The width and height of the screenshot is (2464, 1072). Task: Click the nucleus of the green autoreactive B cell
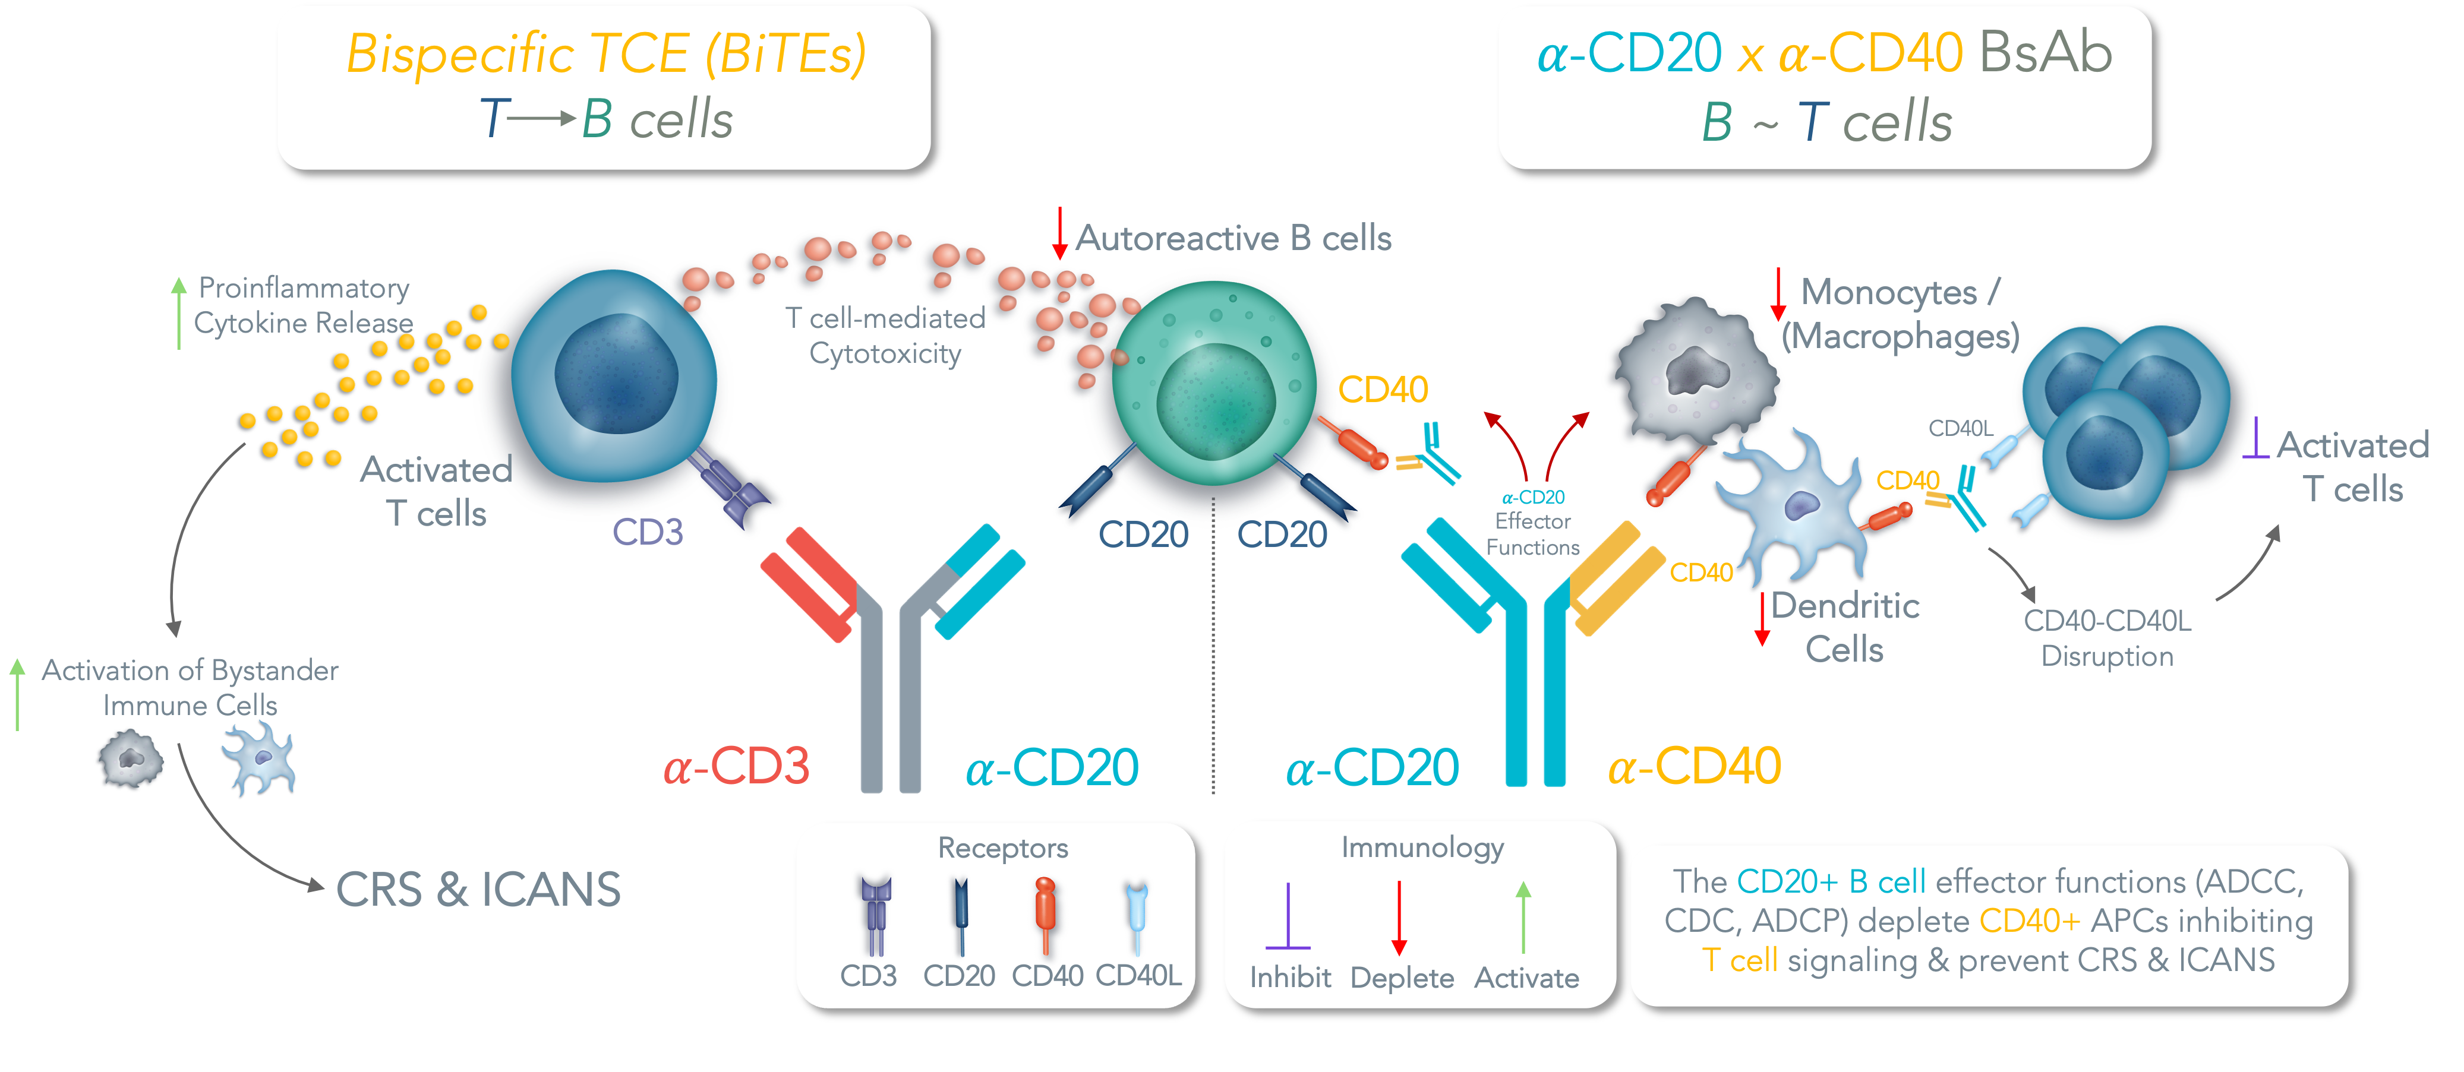[x=1215, y=401]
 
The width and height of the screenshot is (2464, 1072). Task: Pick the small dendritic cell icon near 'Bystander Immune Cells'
[x=258, y=759]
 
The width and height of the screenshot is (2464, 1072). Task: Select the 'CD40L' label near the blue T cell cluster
[x=1960, y=428]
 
